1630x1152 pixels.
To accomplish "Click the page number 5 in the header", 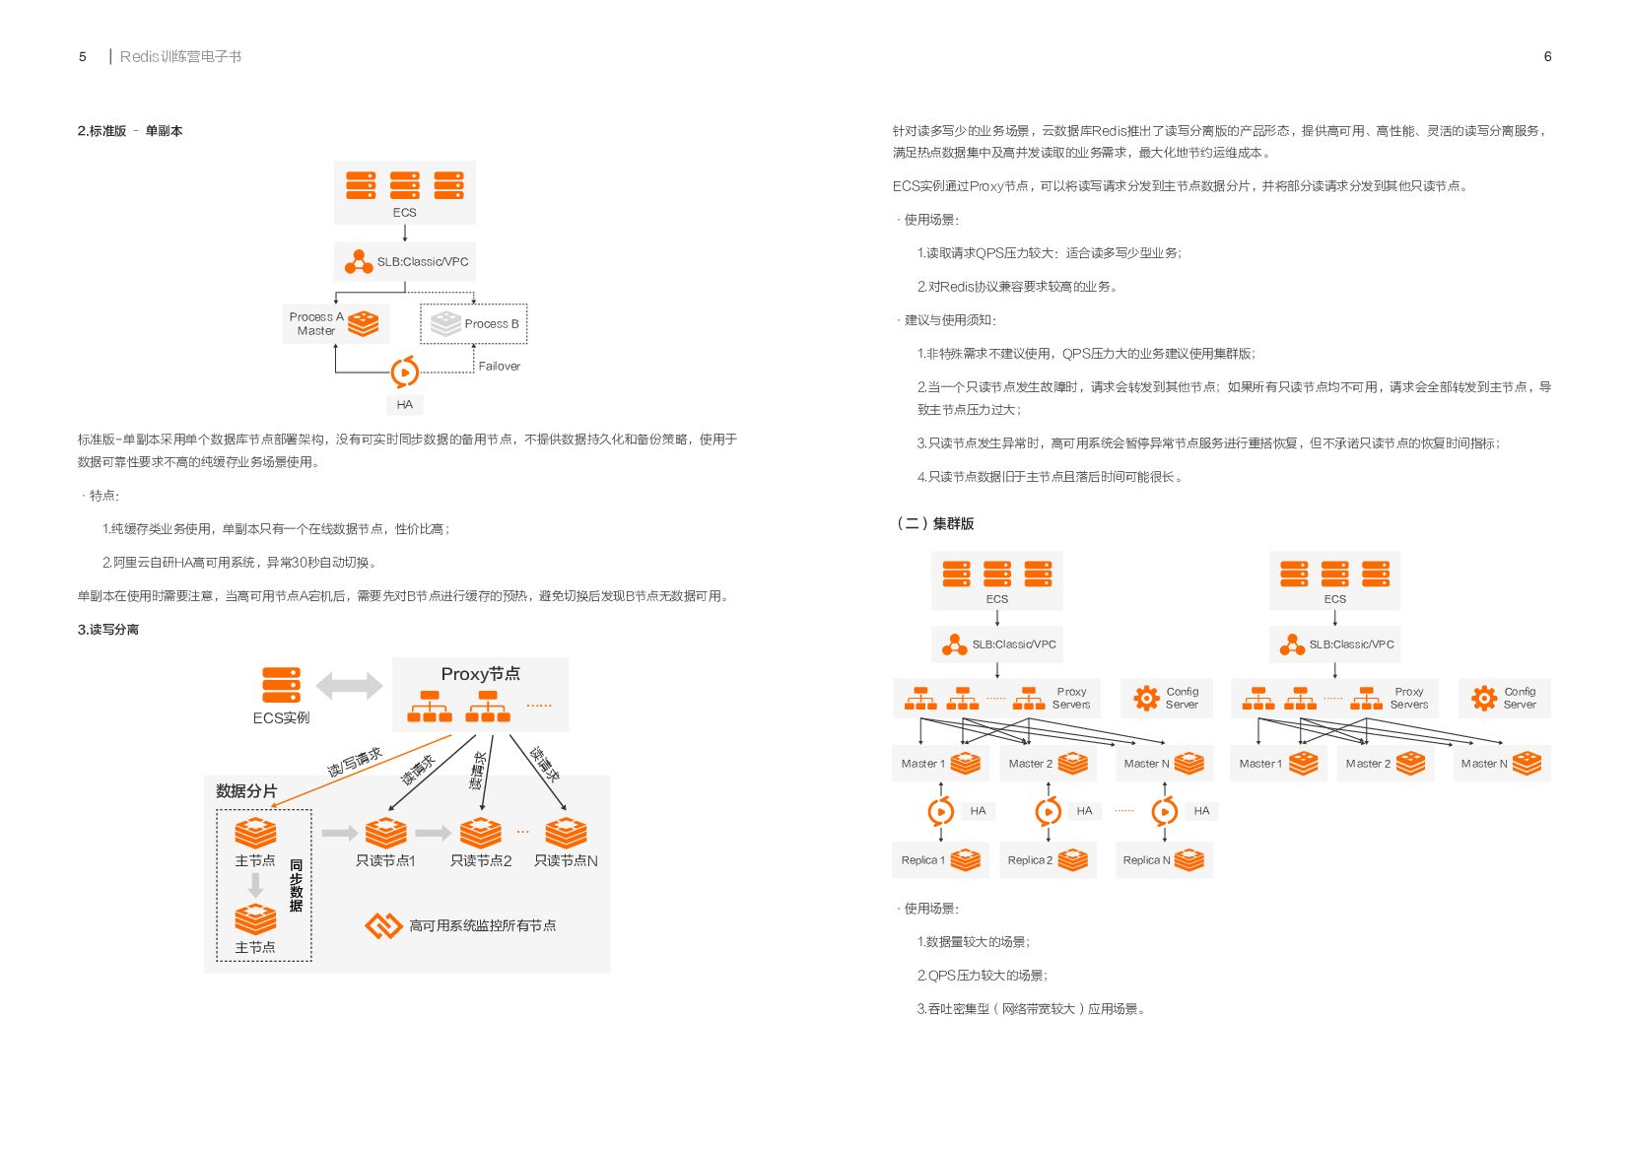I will pyautogui.click(x=83, y=57).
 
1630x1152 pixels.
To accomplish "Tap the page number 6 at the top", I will pyautogui.click(x=1547, y=57).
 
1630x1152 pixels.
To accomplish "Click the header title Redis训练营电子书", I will pyautogui.click(x=180, y=57).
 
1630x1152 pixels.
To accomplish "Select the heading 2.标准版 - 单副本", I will pyautogui.click(x=130, y=131).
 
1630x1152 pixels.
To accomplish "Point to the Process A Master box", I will pyautogui.click(x=335, y=323).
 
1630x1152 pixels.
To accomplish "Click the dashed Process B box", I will pyautogui.click(x=474, y=323).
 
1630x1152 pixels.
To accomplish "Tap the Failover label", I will pyautogui.click(x=499, y=367).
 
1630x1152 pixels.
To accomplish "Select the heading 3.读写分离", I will pyautogui.click(x=108, y=630).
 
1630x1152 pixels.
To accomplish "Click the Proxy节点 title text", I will pyautogui.click(x=480, y=674).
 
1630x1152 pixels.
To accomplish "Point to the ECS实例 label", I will pyautogui.click(x=281, y=718).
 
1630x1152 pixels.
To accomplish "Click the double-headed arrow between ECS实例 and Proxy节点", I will pyautogui.click(x=349, y=686).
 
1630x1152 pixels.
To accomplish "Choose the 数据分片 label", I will pyautogui.click(x=246, y=791).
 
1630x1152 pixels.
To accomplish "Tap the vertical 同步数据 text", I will pyautogui.click(x=296, y=885).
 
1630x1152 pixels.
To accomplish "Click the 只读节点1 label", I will pyautogui.click(x=385, y=861).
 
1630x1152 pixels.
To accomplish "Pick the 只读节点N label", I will pyautogui.click(x=566, y=861).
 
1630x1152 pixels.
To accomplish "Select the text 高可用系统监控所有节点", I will pyautogui.click(x=482, y=926).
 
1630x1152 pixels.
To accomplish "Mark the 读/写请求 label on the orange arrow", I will pyautogui.click(x=355, y=763).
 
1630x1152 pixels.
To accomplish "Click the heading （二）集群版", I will pyautogui.click(x=934, y=523).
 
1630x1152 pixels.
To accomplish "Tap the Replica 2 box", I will pyautogui.click(x=1048, y=860).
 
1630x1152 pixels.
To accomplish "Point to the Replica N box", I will pyautogui.click(x=1164, y=860).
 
